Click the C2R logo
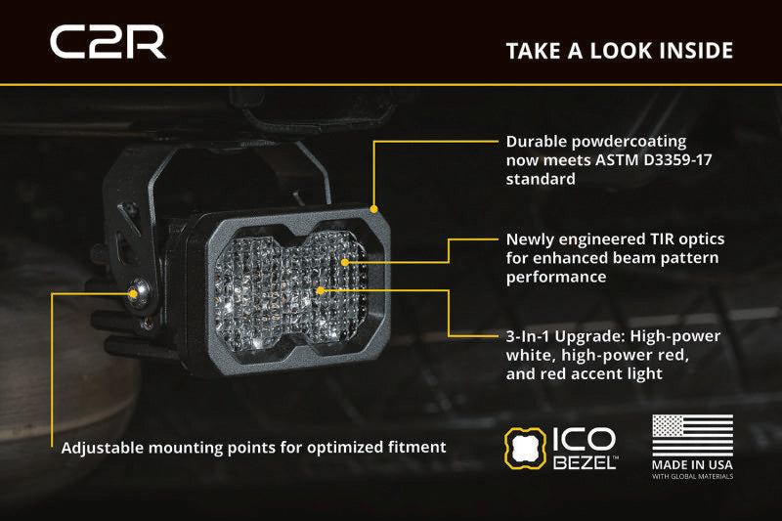[x=108, y=42]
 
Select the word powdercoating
[x=629, y=142]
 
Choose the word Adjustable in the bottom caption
[x=103, y=448]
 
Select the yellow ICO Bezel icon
[x=525, y=449]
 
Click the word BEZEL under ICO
[x=585, y=462]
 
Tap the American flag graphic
[x=693, y=435]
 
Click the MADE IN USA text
[x=692, y=465]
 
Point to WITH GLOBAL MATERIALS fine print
[x=692, y=477]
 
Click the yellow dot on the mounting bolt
[x=133, y=294]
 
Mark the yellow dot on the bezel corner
[x=374, y=209]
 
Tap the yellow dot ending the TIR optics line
[x=345, y=262]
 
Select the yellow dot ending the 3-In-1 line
[x=321, y=290]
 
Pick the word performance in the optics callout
[x=556, y=278]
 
